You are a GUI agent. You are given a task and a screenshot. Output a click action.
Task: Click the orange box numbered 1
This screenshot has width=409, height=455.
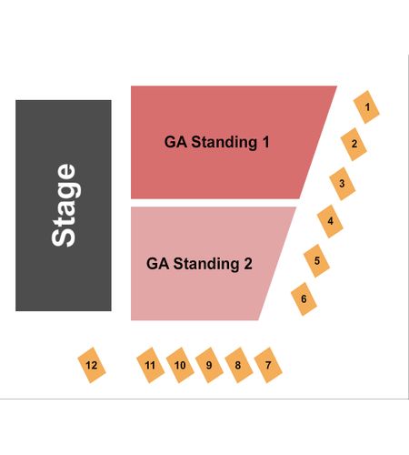pos(366,107)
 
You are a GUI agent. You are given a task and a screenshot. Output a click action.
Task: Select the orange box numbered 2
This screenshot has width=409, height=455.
pos(354,144)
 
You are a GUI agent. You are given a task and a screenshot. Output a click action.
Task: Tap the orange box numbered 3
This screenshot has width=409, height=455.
pos(342,184)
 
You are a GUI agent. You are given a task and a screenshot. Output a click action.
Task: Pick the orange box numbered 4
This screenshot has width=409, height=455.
pos(330,221)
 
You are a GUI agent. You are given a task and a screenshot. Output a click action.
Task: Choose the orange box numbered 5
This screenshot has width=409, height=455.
pos(316,260)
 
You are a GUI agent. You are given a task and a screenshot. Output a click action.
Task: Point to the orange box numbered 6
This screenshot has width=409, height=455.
pos(304,299)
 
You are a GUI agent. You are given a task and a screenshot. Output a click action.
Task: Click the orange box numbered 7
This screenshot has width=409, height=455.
pos(268,365)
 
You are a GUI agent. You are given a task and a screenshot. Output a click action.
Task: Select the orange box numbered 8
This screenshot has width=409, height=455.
pos(239,365)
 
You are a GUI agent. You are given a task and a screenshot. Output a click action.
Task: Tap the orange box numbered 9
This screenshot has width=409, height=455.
pos(209,365)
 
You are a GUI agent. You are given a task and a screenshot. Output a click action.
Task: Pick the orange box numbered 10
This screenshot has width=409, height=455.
pos(180,365)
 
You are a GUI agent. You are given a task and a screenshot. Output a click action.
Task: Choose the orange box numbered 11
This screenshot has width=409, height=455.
pos(151,365)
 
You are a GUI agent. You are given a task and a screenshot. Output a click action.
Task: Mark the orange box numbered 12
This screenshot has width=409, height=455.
pos(92,365)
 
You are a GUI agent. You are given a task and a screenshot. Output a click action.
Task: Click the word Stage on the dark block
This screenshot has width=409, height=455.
pos(65,206)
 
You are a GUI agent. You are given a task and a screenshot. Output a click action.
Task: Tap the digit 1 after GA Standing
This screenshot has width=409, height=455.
pos(265,142)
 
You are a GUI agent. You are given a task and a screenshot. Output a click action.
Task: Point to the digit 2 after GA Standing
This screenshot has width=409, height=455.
pos(248,264)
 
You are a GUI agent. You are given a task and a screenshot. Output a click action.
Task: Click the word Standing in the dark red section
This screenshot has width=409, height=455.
pos(224,142)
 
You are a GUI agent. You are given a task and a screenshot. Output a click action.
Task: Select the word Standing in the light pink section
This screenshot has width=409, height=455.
pos(206,264)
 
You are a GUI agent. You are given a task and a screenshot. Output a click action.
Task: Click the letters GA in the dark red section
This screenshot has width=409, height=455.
pos(175,142)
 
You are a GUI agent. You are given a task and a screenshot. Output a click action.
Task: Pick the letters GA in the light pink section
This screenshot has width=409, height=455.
pos(157,264)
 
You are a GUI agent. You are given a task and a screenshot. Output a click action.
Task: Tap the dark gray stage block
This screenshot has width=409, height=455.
pos(64,206)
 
